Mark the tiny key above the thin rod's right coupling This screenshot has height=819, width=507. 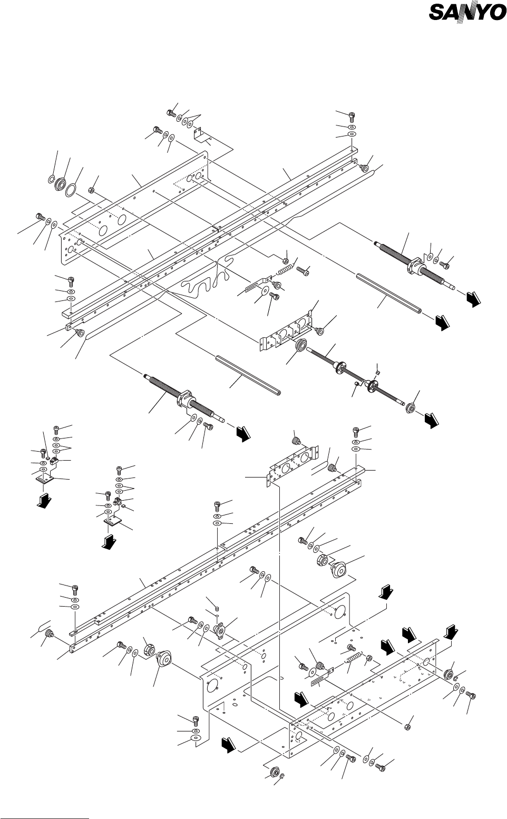coord(377,373)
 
